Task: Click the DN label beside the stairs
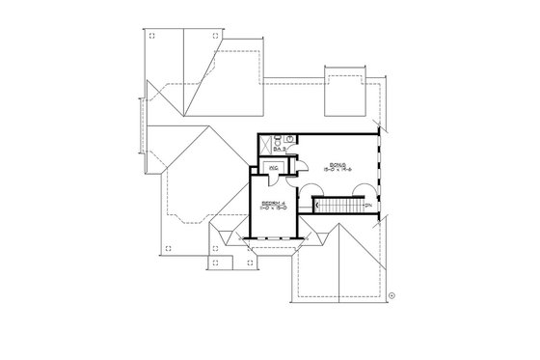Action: point(367,205)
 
